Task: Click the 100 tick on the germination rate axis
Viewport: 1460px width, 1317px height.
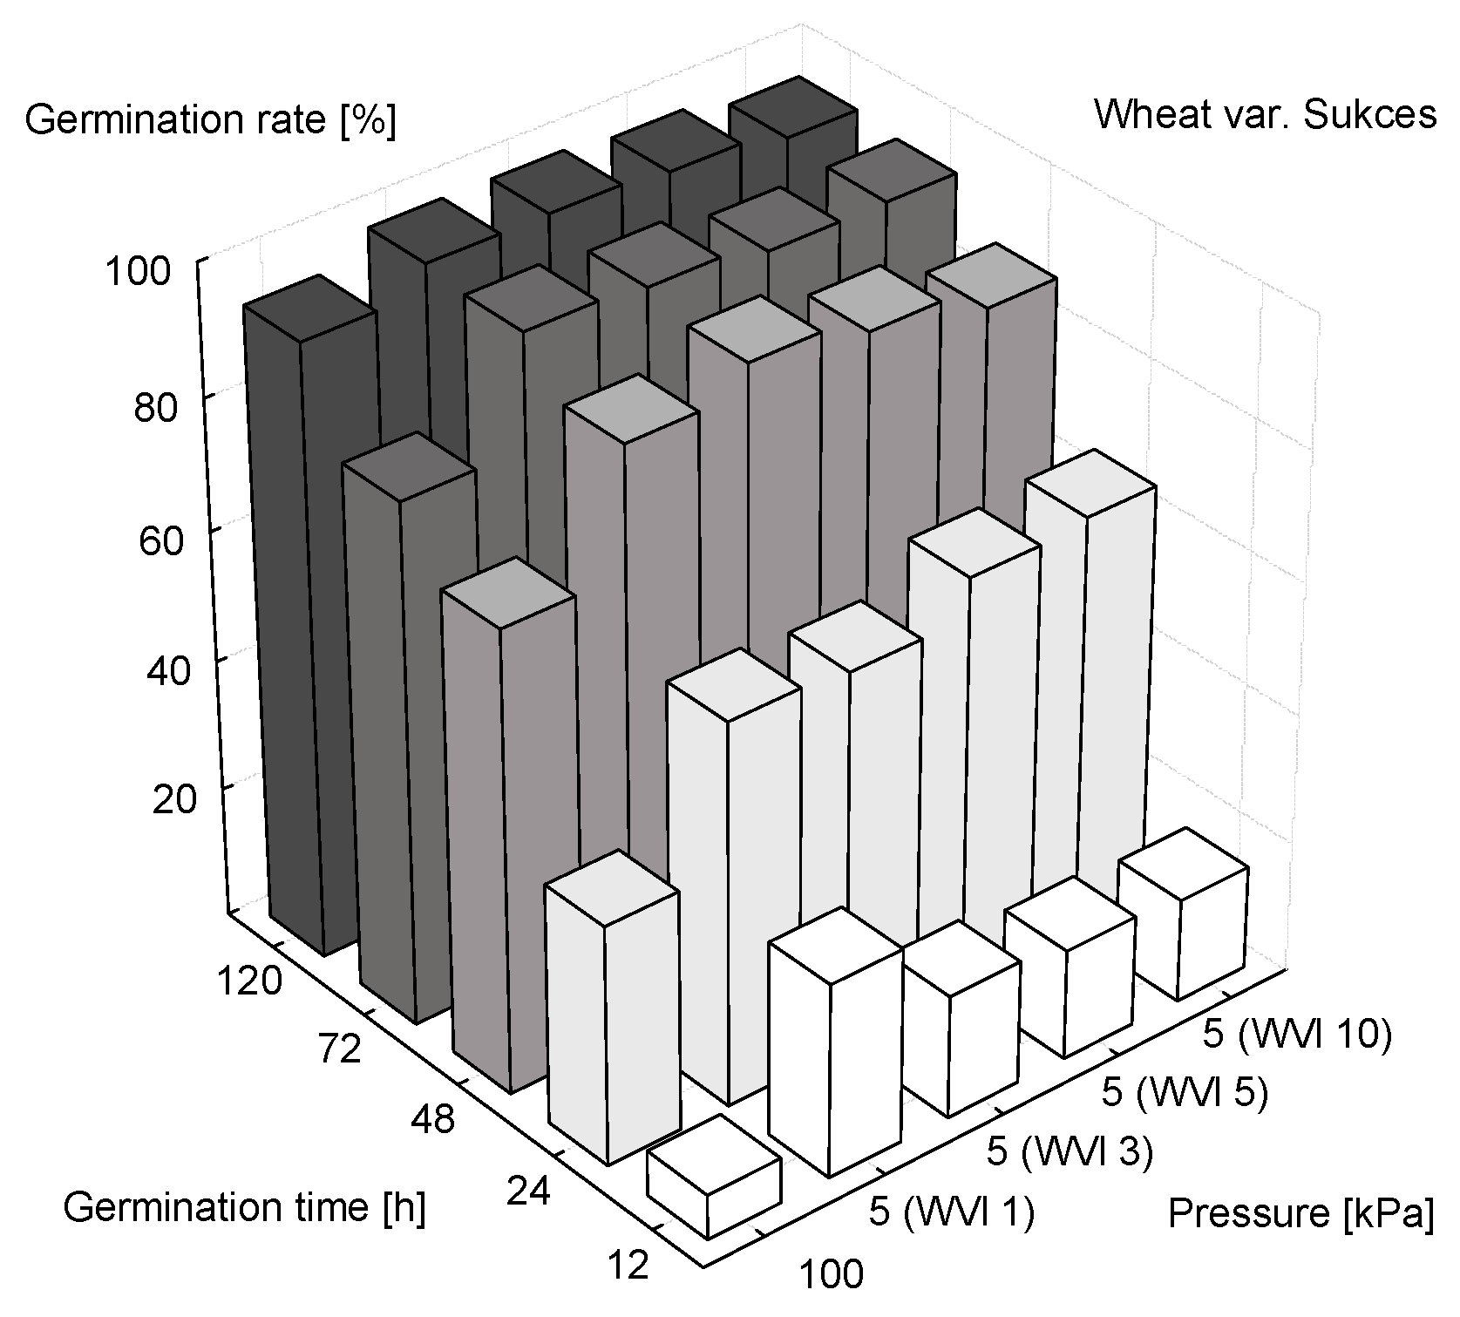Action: pyautogui.click(x=137, y=272)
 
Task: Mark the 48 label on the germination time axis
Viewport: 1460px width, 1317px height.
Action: pyautogui.click(x=432, y=1118)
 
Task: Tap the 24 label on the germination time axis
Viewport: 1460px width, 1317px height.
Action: pyautogui.click(x=527, y=1191)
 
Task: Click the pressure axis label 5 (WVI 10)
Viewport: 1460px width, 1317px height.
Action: pyautogui.click(x=1297, y=1035)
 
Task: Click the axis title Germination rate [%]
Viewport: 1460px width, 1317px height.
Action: pyautogui.click(x=210, y=119)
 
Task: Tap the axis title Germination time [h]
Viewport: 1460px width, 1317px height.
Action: pyautogui.click(x=245, y=1208)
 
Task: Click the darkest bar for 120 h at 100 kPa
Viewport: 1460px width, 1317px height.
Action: pyautogui.click(x=309, y=628)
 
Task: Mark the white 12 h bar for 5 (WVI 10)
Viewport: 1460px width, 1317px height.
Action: pyautogui.click(x=1183, y=924)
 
